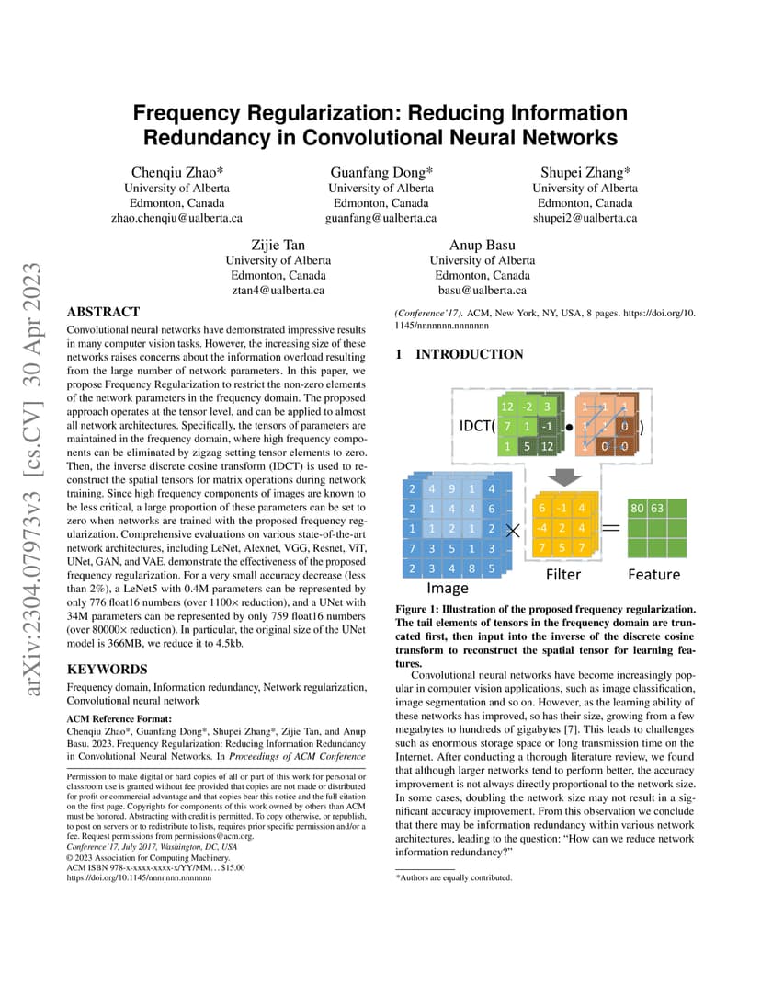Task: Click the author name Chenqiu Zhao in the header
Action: pyautogui.click(x=177, y=172)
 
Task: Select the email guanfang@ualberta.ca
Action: pyautogui.click(x=380, y=218)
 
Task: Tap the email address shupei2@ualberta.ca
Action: pyautogui.click(x=585, y=218)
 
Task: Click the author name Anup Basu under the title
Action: pyautogui.click(x=482, y=246)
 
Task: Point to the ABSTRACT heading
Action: pyautogui.click(x=103, y=312)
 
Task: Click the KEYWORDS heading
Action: pyautogui.click(x=107, y=669)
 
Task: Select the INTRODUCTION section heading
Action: pyautogui.click(x=470, y=354)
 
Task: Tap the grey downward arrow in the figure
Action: pyautogui.click(x=564, y=476)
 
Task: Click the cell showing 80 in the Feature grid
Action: pyautogui.click(x=637, y=508)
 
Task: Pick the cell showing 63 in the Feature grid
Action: pyautogui.click(x=657, y=508)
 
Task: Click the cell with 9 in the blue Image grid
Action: pyautogui.click(x=452, y=488)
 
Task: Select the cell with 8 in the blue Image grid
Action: pyautogui.click(x=471, y=568)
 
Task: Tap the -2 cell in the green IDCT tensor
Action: pyautogui.click(x=527, y=407)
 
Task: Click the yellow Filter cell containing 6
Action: pyautogui.click(x=541, y=508)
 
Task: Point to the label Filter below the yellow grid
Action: pyautogui.click(x=563, y=575)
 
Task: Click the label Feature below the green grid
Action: pyautogui.click(x=653, y=575)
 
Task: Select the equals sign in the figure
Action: pyautogui.click(x=611, y=528)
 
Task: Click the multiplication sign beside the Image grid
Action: pyautogui.click(x=513, y=532)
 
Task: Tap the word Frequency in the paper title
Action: pyautogui.click(x=187, y=113)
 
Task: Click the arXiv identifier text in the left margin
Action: pyautogui.click(x=31, y=479)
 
